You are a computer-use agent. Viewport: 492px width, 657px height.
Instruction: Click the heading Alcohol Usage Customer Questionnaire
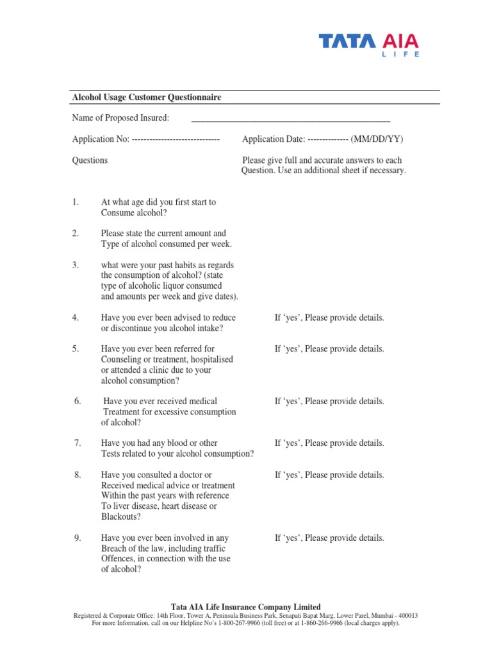coord(147,97)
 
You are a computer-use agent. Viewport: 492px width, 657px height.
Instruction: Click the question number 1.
coord(76,202)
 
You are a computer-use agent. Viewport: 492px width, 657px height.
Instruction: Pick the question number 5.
coord(76,349)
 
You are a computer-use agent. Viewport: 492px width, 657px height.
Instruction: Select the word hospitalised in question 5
coord(210,359)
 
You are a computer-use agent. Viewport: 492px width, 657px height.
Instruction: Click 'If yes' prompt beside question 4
coord(329,318)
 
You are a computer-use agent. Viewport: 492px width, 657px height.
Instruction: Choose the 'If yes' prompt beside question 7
coord(329,443)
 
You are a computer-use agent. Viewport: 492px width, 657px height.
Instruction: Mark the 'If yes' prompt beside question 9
coord(329,538)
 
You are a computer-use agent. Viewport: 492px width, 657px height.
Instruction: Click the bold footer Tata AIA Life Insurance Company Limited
coord(246,607)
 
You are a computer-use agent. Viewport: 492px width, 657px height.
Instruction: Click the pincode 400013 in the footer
coord(406,615)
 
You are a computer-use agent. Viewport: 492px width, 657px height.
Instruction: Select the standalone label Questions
coord(90,160)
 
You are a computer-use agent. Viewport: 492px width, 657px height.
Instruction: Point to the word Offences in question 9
coord(118,559)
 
